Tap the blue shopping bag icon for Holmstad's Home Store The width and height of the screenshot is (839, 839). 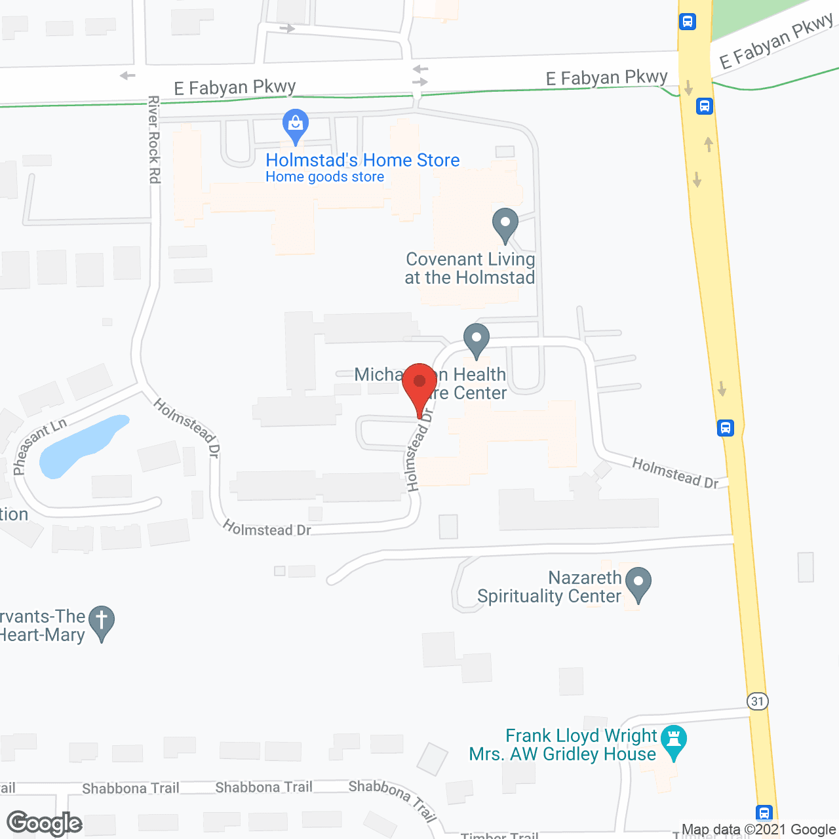click(x=296, y=125)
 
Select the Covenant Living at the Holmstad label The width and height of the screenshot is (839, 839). click(x=470, y=269)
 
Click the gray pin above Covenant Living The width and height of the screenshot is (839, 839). click(x=505, y=224)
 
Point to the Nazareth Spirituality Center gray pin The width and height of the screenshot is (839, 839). click(x=638, y=583)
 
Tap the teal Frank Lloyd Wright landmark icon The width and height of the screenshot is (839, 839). click(x=674, y=741)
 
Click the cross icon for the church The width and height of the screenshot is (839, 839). click(x=102, y=622)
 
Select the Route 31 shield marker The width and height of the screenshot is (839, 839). click(x=758, y=701)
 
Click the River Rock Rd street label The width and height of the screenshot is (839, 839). click(x=154, y=139)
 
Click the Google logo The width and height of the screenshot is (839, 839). click(x=44, y=823)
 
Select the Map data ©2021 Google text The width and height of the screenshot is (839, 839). click(x=759, y=830)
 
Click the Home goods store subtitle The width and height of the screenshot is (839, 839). click(x=324, y=177)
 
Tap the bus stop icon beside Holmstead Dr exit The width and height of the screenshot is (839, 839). click(x=725, y=428)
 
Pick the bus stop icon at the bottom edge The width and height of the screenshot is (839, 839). click(x=764, y=813)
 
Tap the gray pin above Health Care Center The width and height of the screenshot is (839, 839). click(x=477, y=340)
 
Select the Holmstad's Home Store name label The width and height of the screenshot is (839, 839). click(x=362, y=160)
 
